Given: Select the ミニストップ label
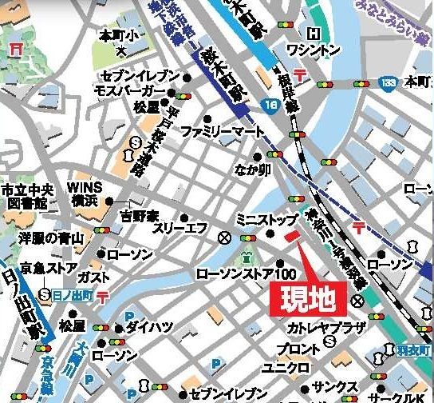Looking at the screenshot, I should (x=266, y=219).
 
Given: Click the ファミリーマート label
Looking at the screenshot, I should (x=211, y=130).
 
